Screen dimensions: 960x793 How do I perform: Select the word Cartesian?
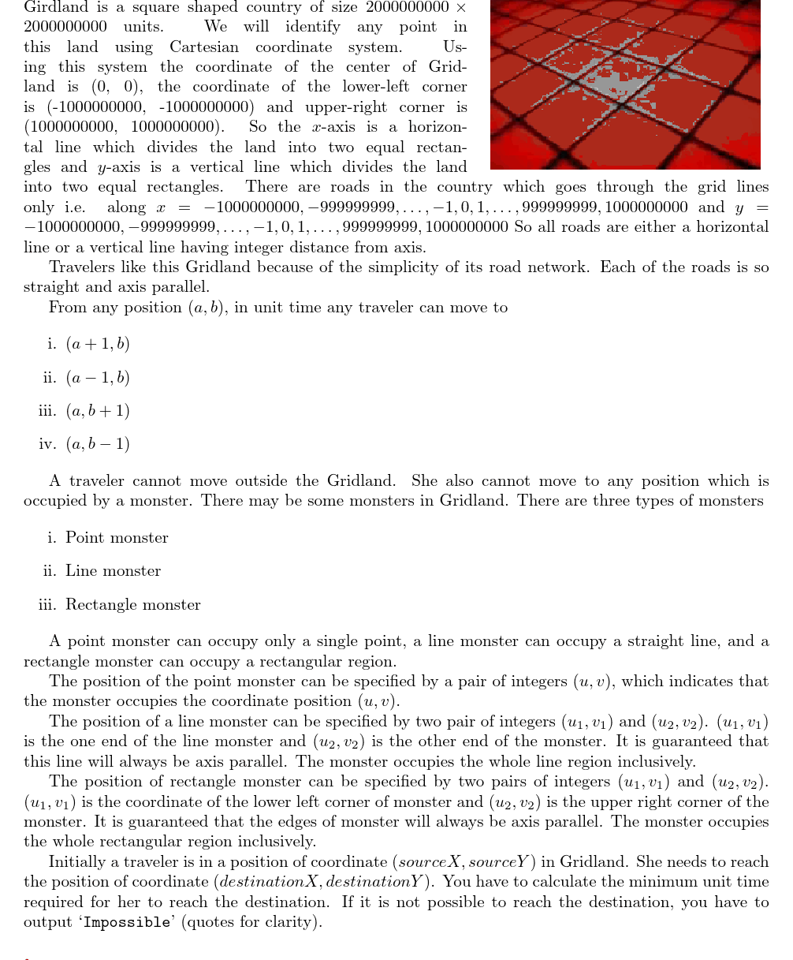(x=204, y=47)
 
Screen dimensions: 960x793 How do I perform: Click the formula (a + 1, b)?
(x=98, y=344)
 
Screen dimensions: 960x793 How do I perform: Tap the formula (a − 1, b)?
(x=98, y=378)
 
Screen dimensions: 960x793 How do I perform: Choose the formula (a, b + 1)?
(x=98, y=411)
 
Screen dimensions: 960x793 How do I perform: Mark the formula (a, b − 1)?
(x=98, y=444)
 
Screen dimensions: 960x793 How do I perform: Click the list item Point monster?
(x=117, y=538)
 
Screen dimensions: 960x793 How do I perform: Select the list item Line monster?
(x=113, y=571)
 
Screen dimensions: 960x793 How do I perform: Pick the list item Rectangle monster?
(x=132, y=605)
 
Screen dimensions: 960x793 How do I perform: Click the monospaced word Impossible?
(x=126, y=922)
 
